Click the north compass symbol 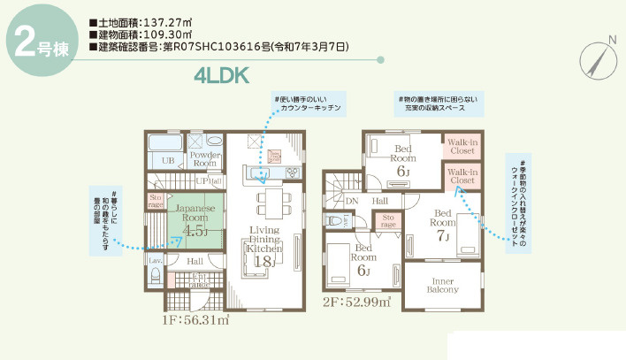tap(597, 59)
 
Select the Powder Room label tap(205, 158)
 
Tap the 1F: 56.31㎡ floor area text tap(196, 321)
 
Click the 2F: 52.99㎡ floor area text tap(357, 302)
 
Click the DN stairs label tap(352, 201)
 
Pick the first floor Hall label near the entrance tap(195, 262)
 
